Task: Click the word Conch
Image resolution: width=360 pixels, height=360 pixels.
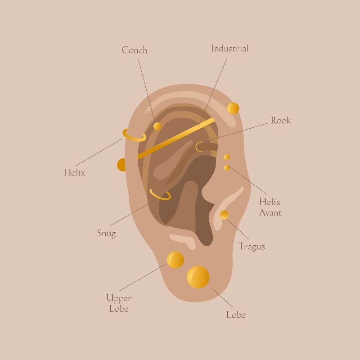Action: pyautogui.click(x=134, y=50)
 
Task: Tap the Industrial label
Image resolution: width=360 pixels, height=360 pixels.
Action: pyautogui.click(x=229, y=48)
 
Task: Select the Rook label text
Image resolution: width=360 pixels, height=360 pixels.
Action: pyautogui.click(x=281, y=120)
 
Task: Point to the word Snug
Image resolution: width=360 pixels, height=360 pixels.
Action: pyautogui.click(x=107, y=233)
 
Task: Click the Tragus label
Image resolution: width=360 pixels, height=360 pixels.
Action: pyautogui.click(x=252, y=247)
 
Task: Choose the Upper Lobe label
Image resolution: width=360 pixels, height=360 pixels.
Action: pyautogui.click(x=119, y=303)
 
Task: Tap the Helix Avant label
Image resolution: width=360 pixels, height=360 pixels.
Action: pyautogui.click(x=270, y=207)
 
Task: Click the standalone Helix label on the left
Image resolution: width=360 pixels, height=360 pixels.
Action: pyautogui.click(x=74, y=172)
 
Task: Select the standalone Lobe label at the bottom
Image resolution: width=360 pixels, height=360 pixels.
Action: pyautogui.click(x=236, y=315)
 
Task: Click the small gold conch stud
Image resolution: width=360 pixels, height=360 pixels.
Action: pyautogui.click(x=157, y=126)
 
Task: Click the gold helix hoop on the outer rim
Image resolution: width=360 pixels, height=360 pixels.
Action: pyautogui.click(x=134, y=135)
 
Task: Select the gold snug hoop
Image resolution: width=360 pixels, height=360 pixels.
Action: pyautogui.click(x=160, y=194)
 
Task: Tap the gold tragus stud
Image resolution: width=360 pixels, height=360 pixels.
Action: pyautogui.click(x=224, y=215)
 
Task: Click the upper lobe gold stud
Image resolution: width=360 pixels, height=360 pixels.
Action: pyautogui.click(x=175, y=260)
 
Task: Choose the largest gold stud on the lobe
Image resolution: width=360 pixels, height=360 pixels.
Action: pyautogui.click(x=198, y=277)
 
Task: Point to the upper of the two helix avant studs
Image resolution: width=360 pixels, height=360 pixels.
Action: pyautogui.click(x=227, y=157)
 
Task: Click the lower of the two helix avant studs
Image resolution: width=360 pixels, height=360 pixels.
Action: pyautogui.click(x=227, y=168)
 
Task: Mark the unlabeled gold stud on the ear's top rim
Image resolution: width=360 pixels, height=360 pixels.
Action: pyautogui.click(x=233, y=108)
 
